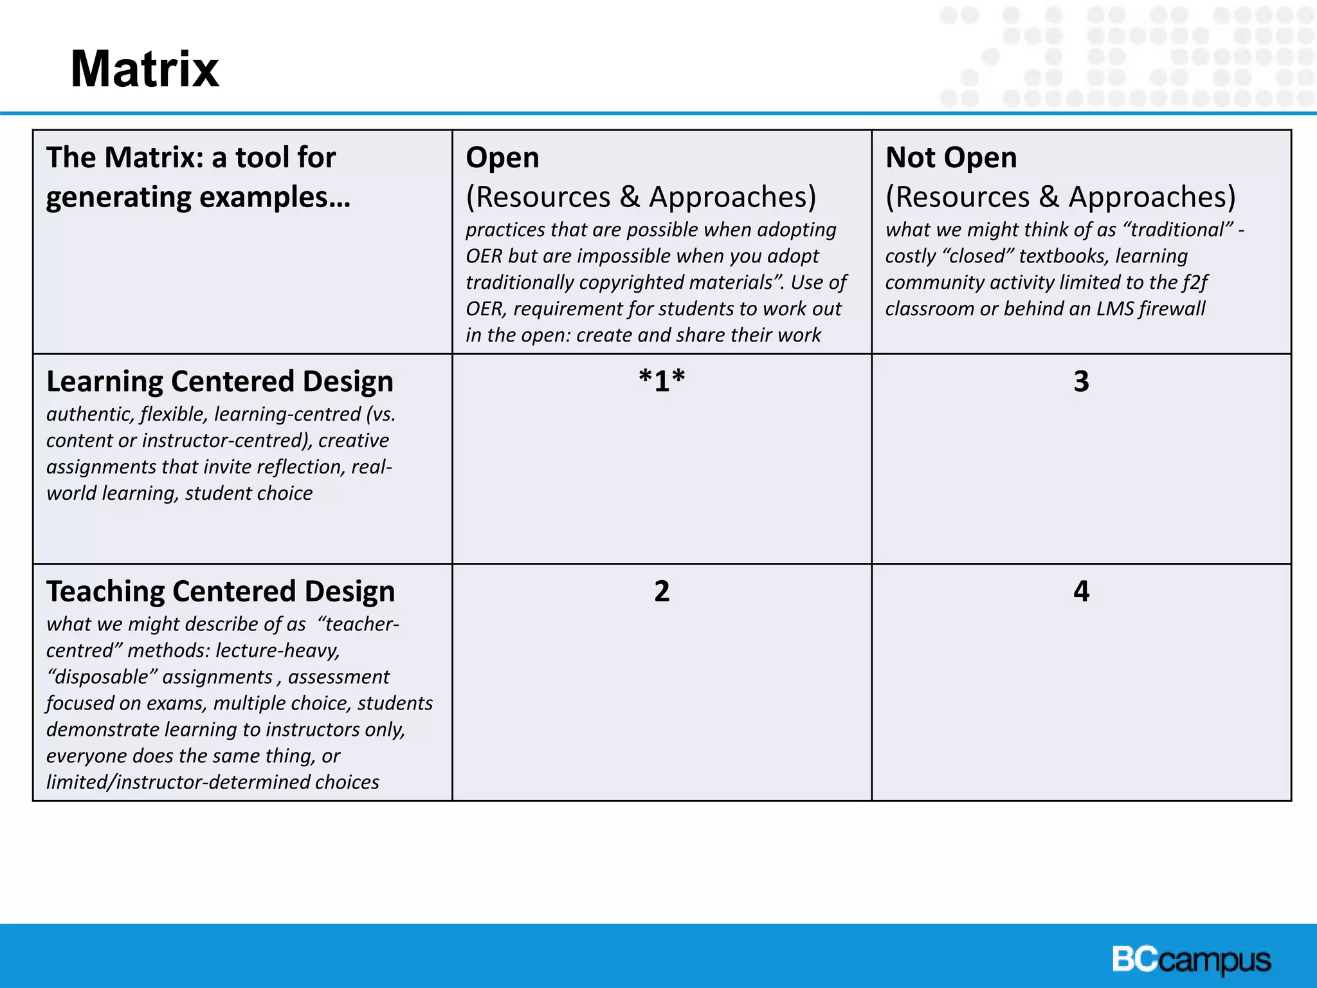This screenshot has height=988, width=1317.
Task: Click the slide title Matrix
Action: pos(145,69)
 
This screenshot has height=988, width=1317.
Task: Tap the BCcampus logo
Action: pos(1191,960)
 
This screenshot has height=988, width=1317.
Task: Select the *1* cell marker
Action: pos(662,381)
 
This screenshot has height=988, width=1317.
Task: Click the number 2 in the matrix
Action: pos(662,591)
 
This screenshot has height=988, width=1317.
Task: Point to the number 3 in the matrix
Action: pos(1081,381)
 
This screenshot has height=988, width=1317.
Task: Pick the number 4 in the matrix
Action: pos(1081,591)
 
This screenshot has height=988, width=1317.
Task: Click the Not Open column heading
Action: pos(951,158)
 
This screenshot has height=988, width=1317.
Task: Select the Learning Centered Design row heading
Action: pos(220,381)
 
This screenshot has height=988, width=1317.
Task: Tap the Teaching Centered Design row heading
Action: pos(221,592)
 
